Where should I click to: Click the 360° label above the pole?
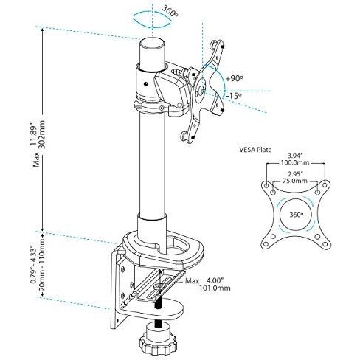coord(170,11)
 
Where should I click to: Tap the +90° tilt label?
coord(235,79)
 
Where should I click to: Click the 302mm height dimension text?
coord(42,134)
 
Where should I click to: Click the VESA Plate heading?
coord(255,150)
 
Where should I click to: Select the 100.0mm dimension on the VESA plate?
coord(295,162)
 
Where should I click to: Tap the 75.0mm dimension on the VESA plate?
coord(295,181)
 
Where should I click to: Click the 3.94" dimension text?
coord(295,156)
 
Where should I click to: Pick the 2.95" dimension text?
coord(295,174)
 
